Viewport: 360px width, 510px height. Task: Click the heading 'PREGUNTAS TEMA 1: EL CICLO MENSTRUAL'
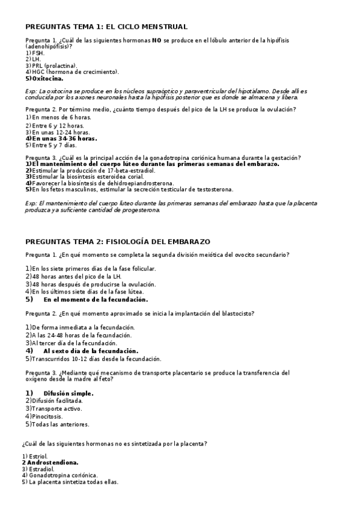pyautogui.click(x=106, y=26)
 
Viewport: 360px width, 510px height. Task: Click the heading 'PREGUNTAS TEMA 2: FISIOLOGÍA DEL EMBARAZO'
pyautogui.click(x=117, y=242)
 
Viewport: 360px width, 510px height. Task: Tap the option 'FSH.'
pyautogui.click(x=38, y=53)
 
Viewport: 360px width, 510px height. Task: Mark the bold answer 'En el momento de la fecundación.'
pyautogui.click(x=96, y=299)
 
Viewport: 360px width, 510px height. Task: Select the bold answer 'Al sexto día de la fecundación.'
pyautogui.click(x=91, y=350)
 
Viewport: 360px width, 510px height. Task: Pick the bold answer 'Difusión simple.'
pyautogui.click(x=69, y=393)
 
